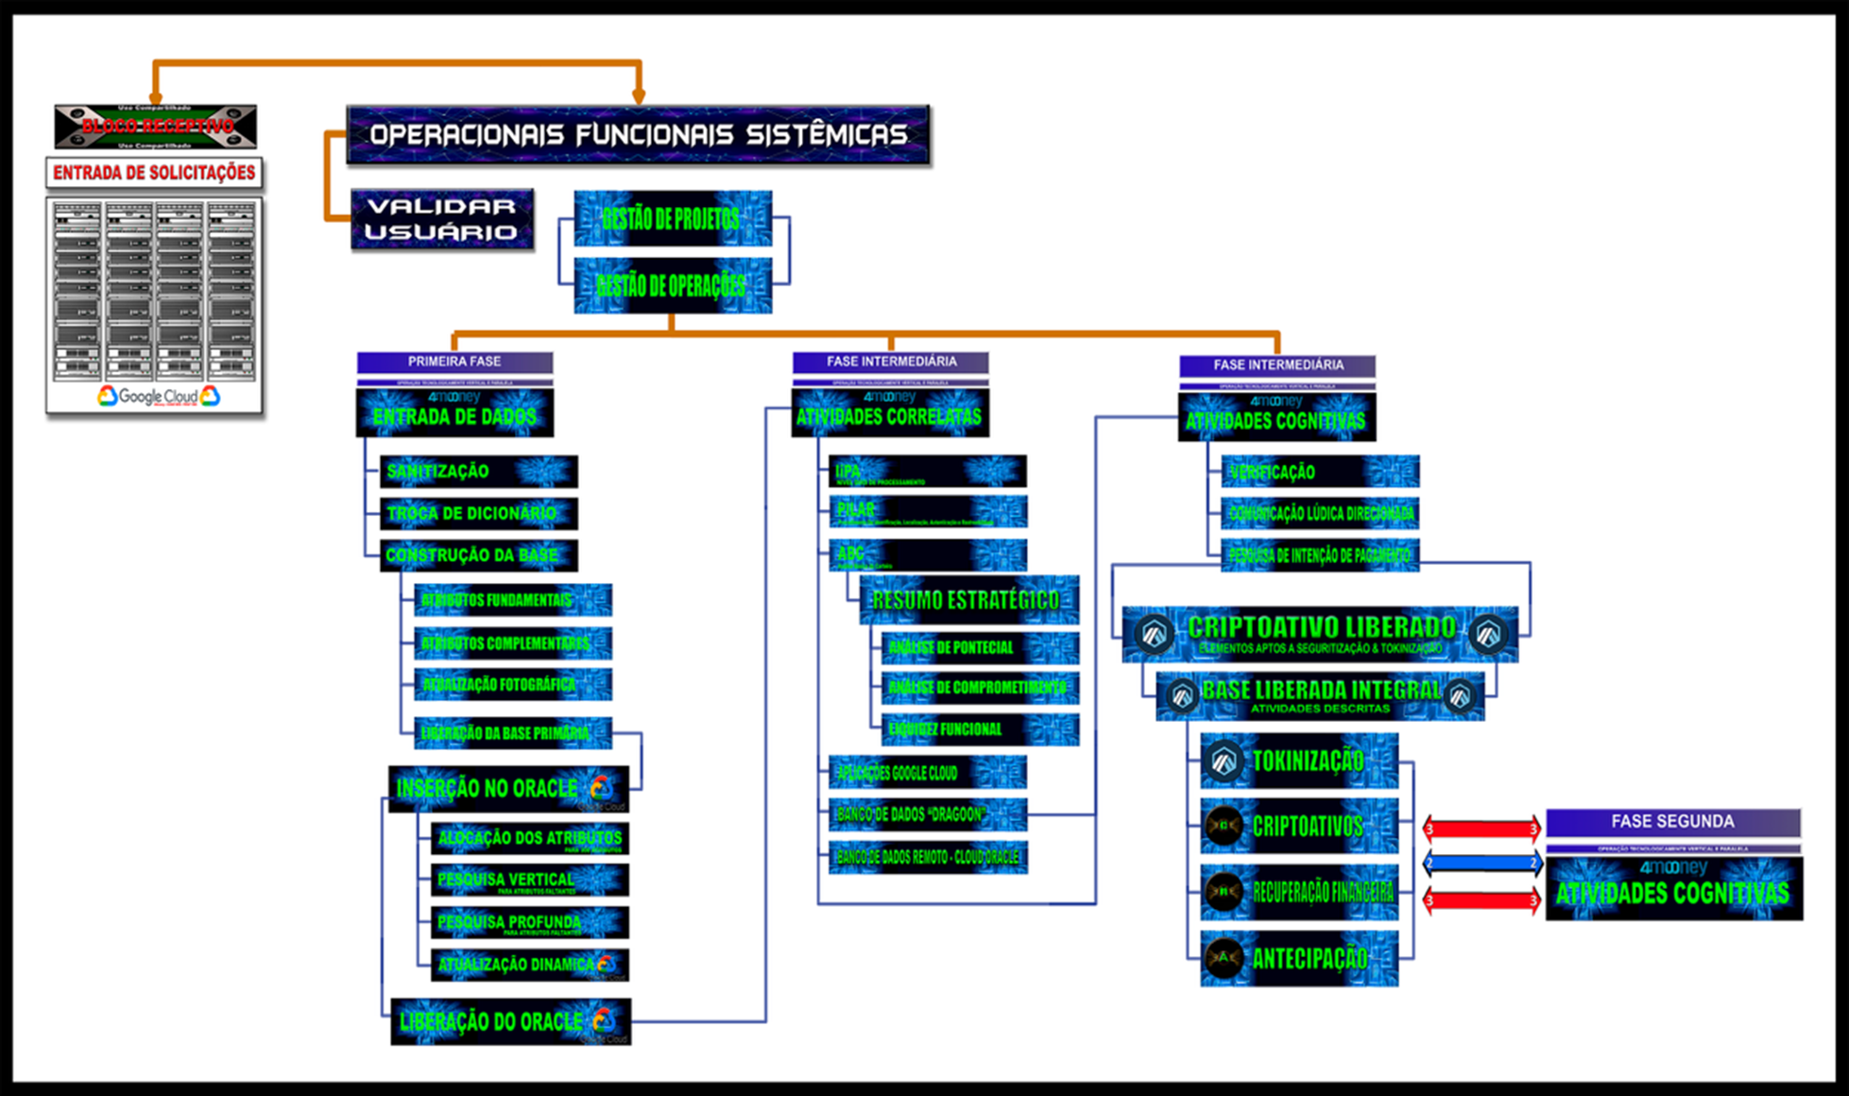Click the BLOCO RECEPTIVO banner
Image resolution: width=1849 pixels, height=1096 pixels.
pyautogui.click(x=156, y=127)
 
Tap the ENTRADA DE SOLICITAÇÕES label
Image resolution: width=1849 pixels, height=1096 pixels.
pyautogui.click(x=154, y=173)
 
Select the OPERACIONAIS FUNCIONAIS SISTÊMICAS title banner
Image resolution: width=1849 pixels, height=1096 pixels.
pyautogui.click(x=638, y=135)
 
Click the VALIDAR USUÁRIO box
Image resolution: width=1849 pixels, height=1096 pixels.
pyautogui.click(x=441, y=219)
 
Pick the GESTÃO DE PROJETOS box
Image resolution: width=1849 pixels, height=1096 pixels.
pyautogui.click(x=672, y=219)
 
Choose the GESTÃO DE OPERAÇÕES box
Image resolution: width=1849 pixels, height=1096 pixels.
pyautogui.click(x=672, y=285)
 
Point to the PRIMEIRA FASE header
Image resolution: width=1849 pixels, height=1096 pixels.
pyautogui.click(x=454, y=362)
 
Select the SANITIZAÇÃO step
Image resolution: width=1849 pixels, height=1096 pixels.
pyautogui.click(x=478, y=471)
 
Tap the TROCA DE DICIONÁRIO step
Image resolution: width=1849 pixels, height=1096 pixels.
pyautogui.click(x=478, y=513)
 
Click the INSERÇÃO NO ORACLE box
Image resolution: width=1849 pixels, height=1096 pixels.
pyautogui.click(x=508, y=789)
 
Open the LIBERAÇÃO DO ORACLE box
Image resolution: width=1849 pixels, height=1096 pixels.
pyautogui.click(x=510, y=1021)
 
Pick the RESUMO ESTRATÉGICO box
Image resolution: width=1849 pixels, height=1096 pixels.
pyautogui.click(x=968, y=600)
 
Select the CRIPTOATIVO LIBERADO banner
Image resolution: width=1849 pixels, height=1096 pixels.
pyautogui.click(x=1320, y=634)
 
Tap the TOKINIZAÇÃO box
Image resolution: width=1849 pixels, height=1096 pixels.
pyautogui.click(x=1299, y=761)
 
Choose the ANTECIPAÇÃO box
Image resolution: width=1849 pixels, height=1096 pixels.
pyautogui.click(x=1299, y=959)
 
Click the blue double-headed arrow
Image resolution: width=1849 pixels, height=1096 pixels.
pyautogui.click(x=1482, y=863)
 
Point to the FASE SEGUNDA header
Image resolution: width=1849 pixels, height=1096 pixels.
pyautogui.click(x=1672, y=822)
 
